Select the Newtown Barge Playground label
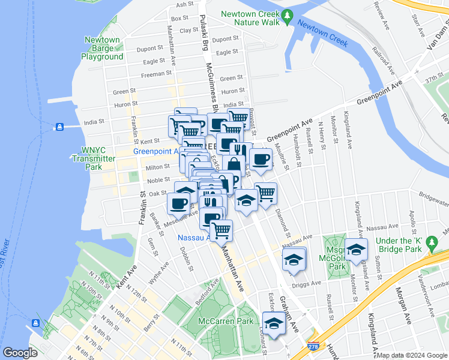(x=103, y=49)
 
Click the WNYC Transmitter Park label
(x=93, y=159)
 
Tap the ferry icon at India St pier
(x=59, y=127)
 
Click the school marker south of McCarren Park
(x=274, y=322)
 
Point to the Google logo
(x=20, y=353)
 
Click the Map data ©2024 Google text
(x=411, y=355)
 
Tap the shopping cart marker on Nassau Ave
(x=221, y=229)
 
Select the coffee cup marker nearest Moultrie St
(x=261, y=159)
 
